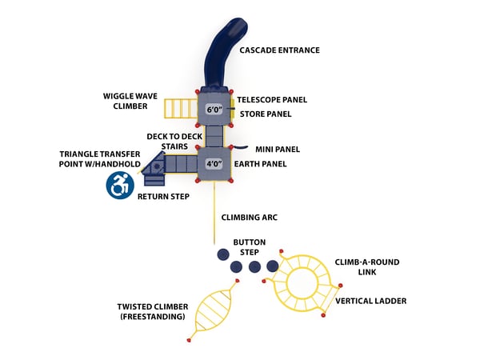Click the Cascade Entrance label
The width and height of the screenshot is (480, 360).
tap(279, 50)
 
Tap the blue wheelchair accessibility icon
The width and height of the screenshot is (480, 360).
tap(118, 186)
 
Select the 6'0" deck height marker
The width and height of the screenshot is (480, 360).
tap(214, 109)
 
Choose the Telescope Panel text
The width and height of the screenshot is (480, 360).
tap(272, 100)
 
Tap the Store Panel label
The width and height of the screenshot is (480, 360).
tap(264, 114)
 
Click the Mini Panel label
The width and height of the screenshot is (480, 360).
tap(277, 149)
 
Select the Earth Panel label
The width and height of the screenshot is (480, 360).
tap(262, 164)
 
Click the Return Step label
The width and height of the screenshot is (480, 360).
tap(163, 196)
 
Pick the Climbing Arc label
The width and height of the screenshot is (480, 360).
tap(249, 217)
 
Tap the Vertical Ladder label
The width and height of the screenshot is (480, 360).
tap(370, 301)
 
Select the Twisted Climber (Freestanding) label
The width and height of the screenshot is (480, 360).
tap(153, 311)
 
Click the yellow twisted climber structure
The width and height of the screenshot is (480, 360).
tap(214, 312)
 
